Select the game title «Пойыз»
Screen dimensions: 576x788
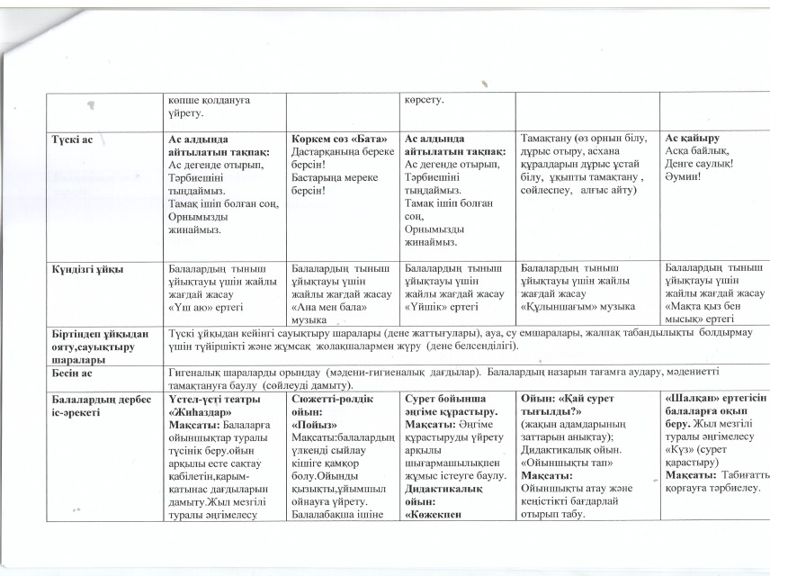tap(314, 423)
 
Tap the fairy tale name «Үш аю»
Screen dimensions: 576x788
tap(190, 306)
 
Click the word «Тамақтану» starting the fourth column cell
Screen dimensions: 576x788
tap(546, 137)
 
